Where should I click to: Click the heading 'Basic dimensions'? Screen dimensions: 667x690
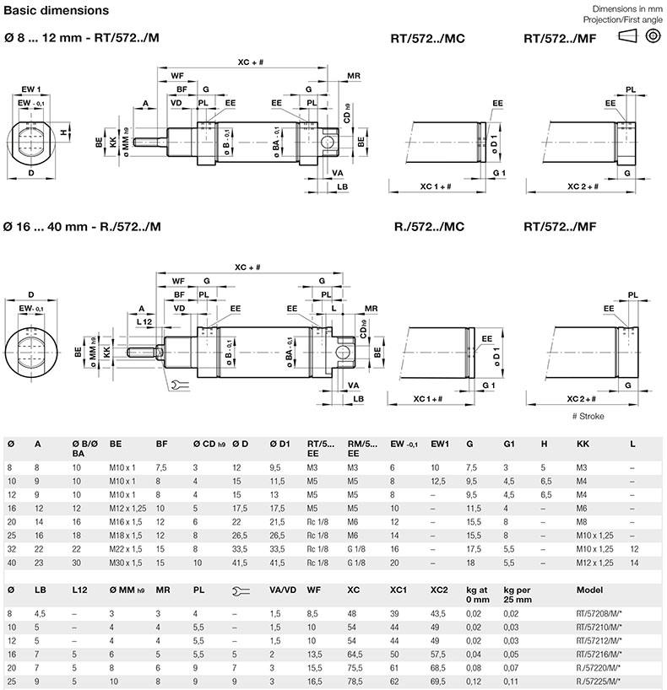pos(56,11)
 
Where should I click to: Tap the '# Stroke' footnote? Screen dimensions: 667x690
pos(588,417)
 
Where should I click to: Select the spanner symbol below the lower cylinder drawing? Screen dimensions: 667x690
pos(180,385)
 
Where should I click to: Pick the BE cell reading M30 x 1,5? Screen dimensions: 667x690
pos(126,563)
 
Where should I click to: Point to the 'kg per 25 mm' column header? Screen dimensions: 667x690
pos(518,595)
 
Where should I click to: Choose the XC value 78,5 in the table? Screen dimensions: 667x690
pos(355,682)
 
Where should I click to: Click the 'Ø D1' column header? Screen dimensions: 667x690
pos(280,445)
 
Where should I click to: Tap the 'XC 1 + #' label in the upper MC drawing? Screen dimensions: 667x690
pos(436,186)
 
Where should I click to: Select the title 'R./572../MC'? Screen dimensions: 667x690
pos(429,227)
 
